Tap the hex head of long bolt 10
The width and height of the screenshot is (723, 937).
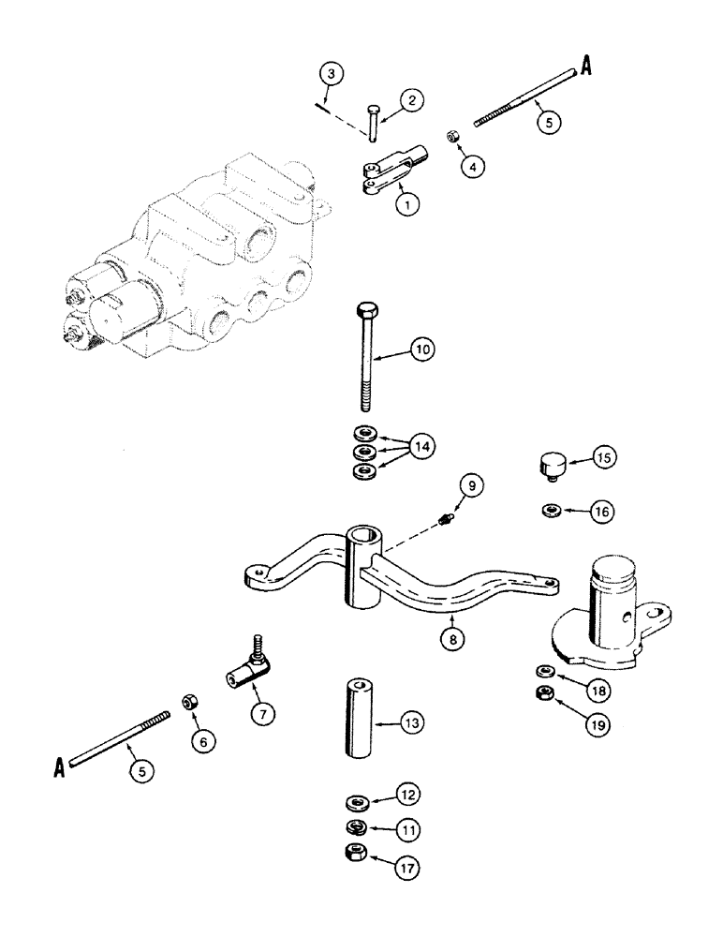click(366, 311)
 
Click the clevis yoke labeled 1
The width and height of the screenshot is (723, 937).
click(393, 169)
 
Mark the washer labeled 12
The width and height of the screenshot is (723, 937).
click(356, 802)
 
